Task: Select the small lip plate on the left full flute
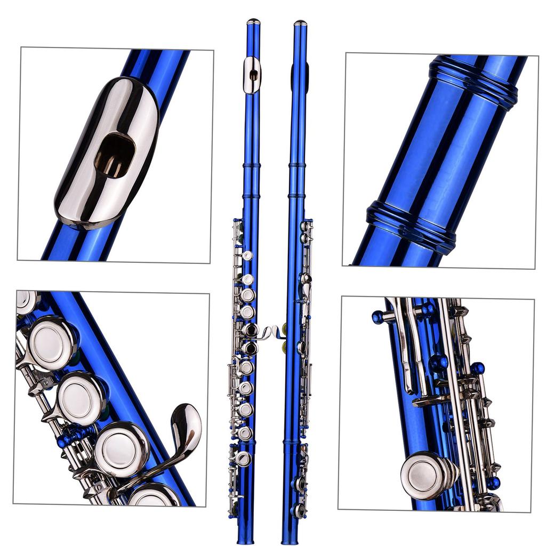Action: pos(252,75)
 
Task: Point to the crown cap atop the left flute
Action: pos(253,22)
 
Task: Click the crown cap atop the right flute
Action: pos(300,23)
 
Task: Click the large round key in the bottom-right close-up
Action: pos(427,475)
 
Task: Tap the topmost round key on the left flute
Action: pos(247,255)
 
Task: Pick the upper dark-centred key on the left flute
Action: pos(251,330)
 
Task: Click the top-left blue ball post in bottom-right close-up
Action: pos(378,317)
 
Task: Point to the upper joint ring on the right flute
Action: pos(297,165)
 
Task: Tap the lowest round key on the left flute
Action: pos(243,458)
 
